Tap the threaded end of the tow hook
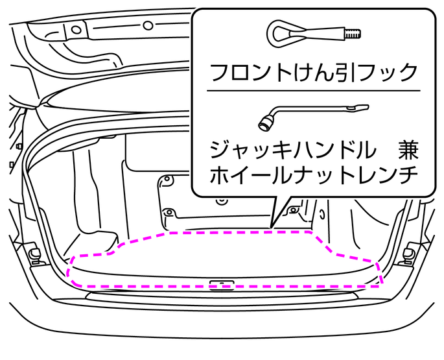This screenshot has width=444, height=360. (x=353, y=32)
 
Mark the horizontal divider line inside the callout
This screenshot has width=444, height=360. (x=314, y=90)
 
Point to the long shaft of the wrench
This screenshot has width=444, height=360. (x=311, y=110)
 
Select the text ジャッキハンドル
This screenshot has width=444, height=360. (x=292, y=150)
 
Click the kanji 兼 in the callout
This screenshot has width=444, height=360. (x=407, y=150)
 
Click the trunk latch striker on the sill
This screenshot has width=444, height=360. (x=221, y=283)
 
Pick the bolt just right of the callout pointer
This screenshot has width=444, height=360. (x=294, y=210)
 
